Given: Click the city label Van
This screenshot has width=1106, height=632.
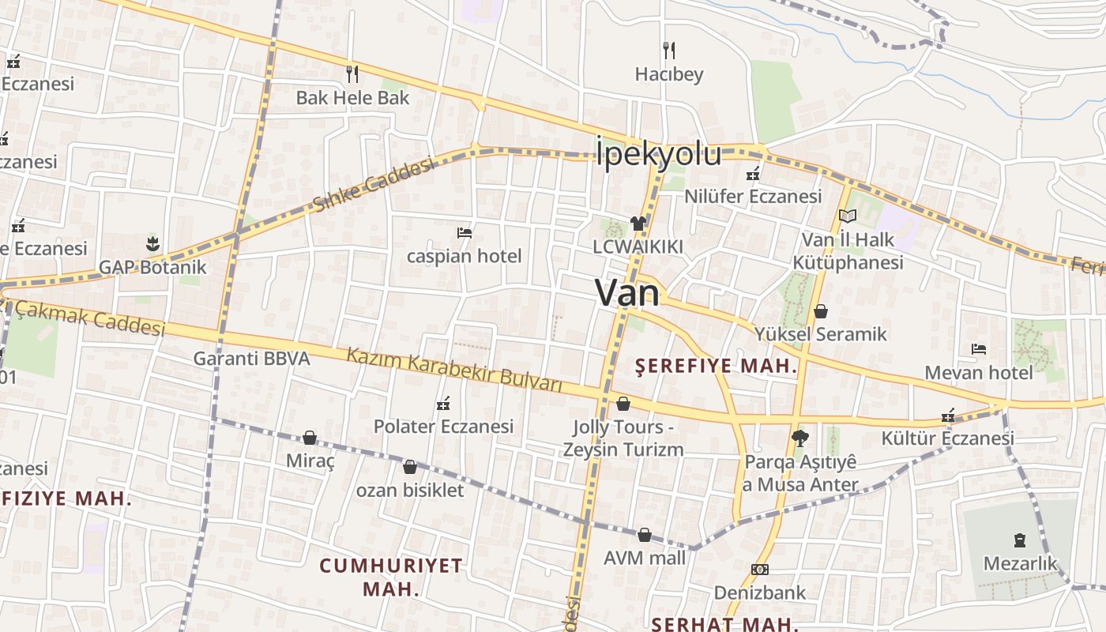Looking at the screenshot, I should (627, 293).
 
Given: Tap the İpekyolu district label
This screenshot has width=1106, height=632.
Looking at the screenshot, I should (658, 153).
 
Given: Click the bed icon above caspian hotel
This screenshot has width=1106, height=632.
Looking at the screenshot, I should (465, 232).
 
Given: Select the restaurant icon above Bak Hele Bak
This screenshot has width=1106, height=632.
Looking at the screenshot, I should (352, 74).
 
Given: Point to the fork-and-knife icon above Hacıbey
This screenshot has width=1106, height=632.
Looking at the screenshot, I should (669, 51).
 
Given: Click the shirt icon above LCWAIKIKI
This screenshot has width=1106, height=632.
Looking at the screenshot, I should (638, 224).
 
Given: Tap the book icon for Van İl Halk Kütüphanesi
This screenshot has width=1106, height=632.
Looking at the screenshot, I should (848, 216).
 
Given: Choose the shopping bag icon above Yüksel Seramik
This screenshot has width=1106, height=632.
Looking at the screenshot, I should (821, 311).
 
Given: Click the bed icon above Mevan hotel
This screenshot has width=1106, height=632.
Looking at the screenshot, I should (979, 348).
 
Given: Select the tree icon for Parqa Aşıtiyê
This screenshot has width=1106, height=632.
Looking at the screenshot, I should (799, 438).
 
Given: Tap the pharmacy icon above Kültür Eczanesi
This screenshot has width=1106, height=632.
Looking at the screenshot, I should (948, 416).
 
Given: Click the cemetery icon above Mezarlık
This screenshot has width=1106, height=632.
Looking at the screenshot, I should (1019, 540).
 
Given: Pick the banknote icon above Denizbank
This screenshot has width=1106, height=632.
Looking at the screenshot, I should (760, 569).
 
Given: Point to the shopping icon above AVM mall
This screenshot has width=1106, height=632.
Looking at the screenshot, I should (645, 535).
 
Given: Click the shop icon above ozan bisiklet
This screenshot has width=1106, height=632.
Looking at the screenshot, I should (409, 467).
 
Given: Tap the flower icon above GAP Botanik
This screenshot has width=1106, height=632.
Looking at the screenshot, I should (152, 243).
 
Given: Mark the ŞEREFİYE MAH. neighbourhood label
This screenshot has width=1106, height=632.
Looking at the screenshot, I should (717, 366).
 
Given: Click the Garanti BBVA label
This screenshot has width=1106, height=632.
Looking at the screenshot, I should (251, 359).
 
